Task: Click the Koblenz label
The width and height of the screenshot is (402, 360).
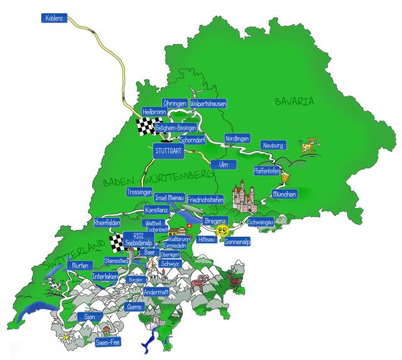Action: tap(55, 18)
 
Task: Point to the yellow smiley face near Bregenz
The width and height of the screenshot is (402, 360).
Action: tap(223, 232)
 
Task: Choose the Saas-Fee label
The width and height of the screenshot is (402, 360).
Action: tap(108, 342)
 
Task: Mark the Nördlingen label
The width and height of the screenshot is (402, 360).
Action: tap(237, 138)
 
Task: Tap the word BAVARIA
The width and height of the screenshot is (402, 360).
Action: tap(294, 101)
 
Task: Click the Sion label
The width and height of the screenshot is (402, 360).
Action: tap(89, 317)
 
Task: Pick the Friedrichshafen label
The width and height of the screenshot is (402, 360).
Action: tap(206, 199)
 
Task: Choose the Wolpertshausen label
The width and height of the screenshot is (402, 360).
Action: tap(208, 103)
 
